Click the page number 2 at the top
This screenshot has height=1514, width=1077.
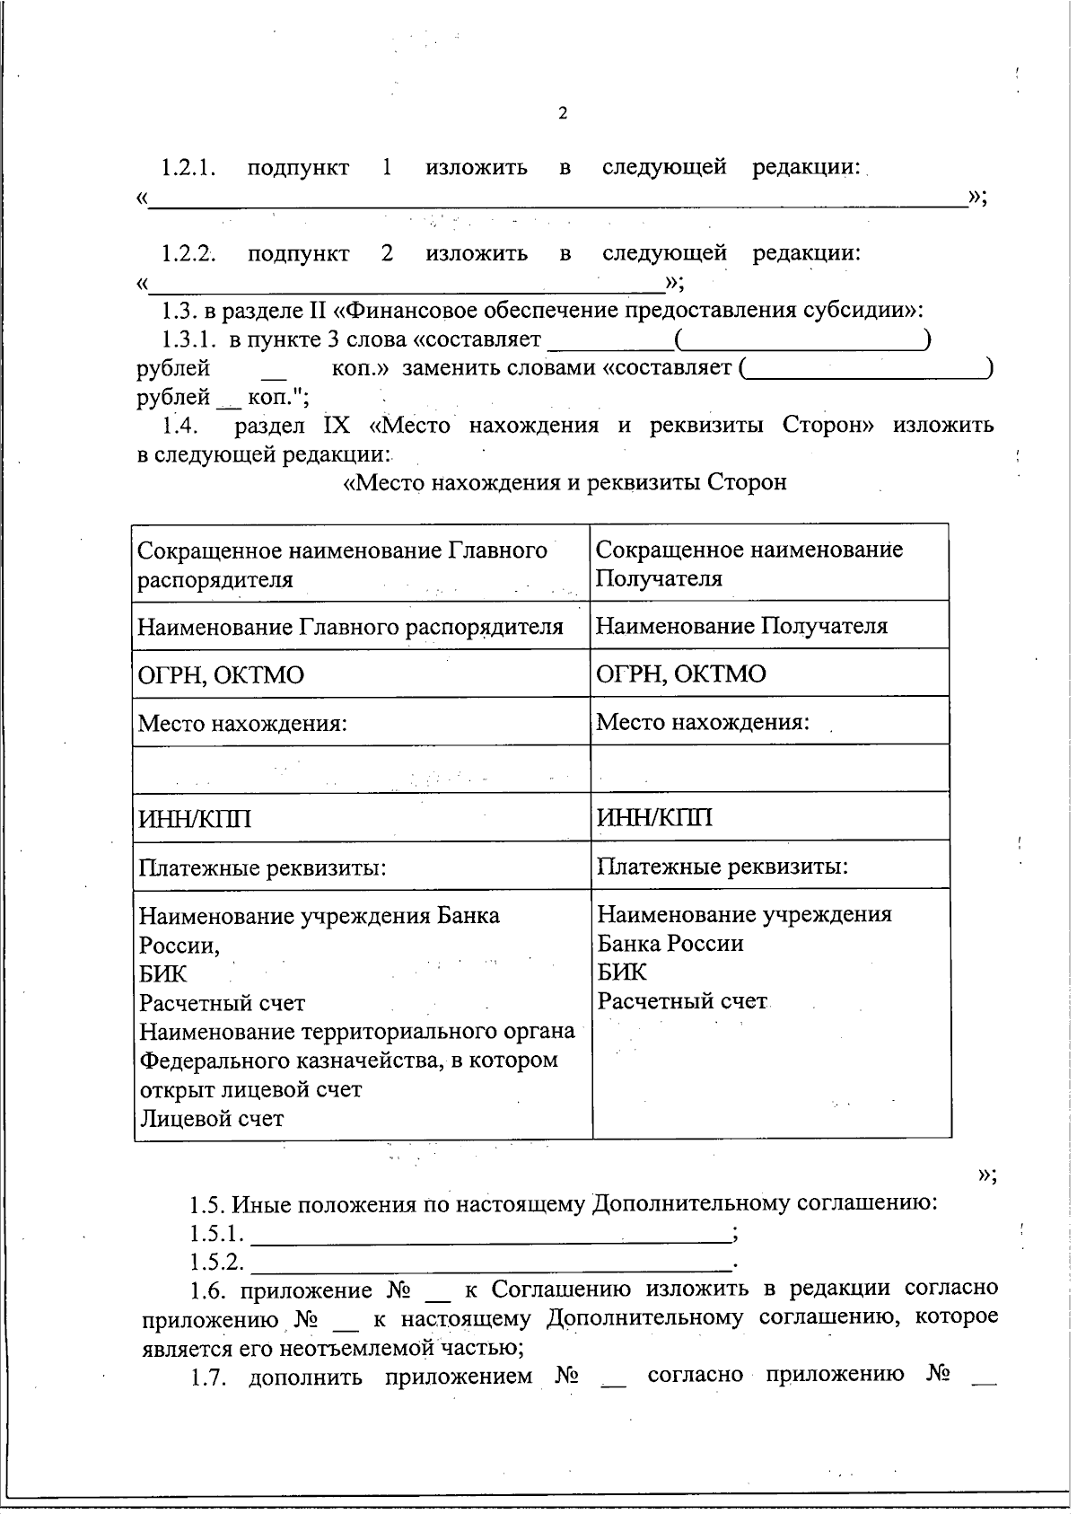[563, 113]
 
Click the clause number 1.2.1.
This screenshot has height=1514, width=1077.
[188, 168]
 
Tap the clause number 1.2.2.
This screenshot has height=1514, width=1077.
[188, 253]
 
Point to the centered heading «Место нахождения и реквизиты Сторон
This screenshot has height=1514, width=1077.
[565, 482]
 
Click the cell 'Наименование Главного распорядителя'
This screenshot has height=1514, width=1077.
[350, 627]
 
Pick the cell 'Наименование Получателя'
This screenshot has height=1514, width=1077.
[741, 626]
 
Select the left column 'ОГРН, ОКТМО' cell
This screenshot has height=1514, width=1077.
[221, 674]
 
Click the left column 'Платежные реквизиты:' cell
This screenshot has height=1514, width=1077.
[262, 867]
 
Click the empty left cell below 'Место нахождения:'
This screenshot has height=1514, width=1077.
[361, 769]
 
